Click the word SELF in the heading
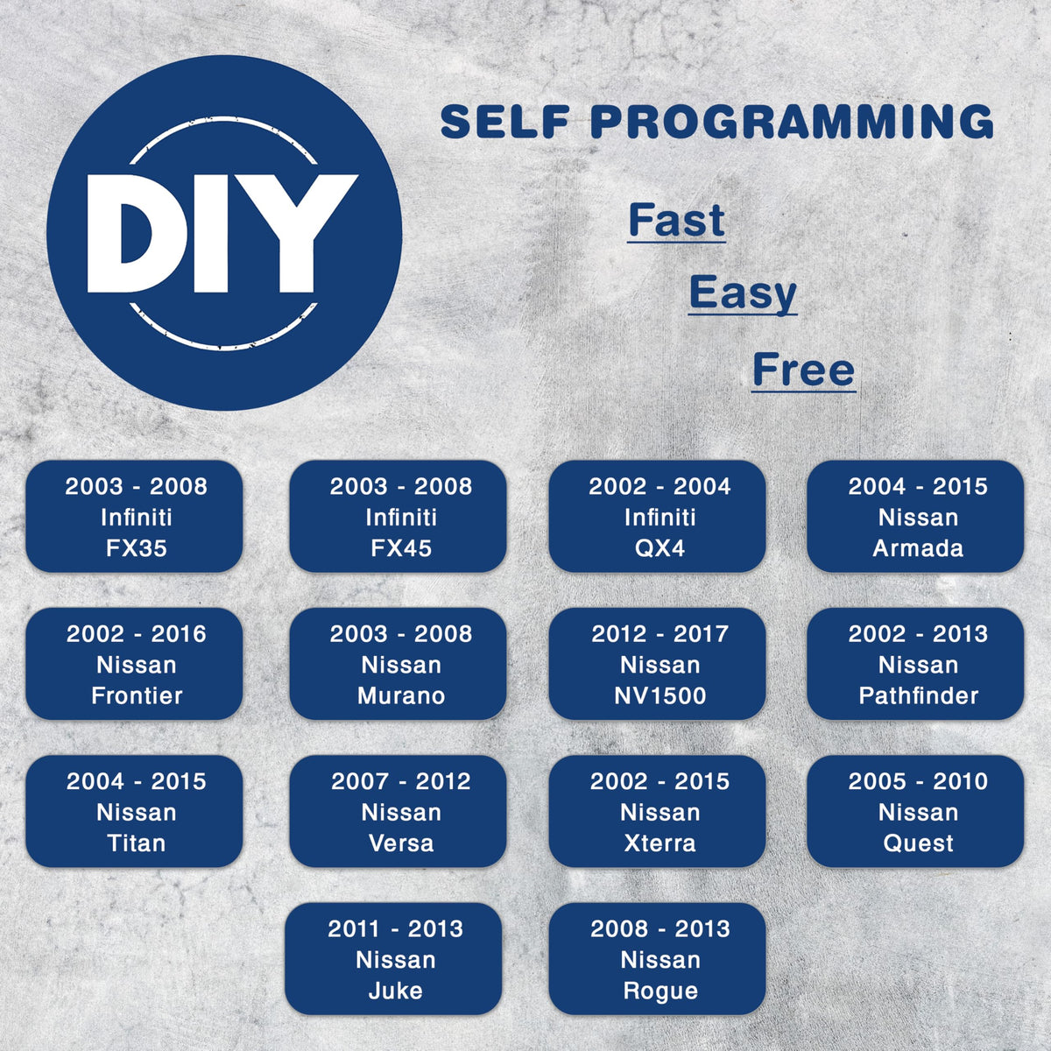pyautogui.click(x=505, y=121)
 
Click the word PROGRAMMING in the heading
pyautogui.click(x=793, y=121)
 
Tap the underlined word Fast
pyautogui.click(x=676, y=221)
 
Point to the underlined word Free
pyautogui.click(x=803, y=370)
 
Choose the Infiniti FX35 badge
pyautogui.click(x=134, y=516)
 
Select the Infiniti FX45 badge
pyautogui.click(x=398, y=516)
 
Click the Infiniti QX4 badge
pyautogui.click(x=657, y=516)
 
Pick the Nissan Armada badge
pyautogui.click(x=915, y=516)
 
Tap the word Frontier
pyautogui.click(x=137, y=695)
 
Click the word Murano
pyautogui.click(x=401, y=695)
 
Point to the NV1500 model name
pyautogui.click(x=660, y=695)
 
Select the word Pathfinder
pyautogui.click(x=919, y=695)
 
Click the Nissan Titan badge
pyautogui.click(x=134, y=811)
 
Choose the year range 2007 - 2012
pyautogui.click(x=401, y=781)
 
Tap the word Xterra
pyautogui.click(x=660, y=843)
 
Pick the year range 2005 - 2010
pyautogui.click(x=918, y=781)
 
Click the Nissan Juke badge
pyautogui.click(x=393, y=958)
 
